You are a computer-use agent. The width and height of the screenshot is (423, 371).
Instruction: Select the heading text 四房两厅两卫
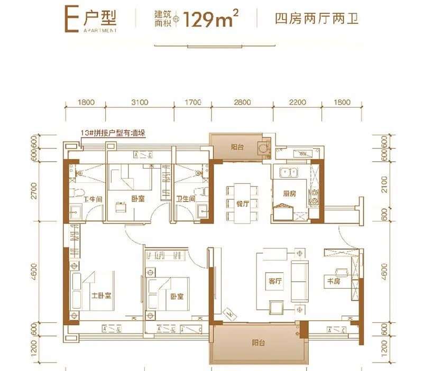[317, 21]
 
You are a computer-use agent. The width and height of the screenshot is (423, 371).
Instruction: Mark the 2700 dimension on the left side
[35, 189]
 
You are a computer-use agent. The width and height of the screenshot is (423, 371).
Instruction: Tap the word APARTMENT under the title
[100, 31]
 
